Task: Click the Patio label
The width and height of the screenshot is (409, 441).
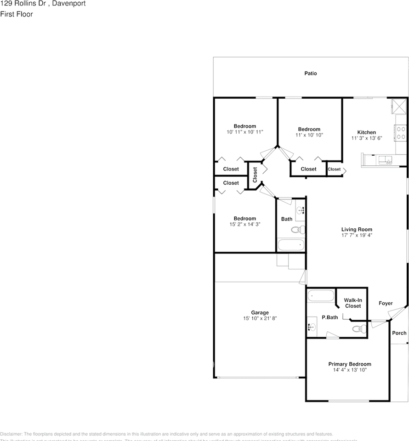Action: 311,73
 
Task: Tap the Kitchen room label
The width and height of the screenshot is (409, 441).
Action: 367,132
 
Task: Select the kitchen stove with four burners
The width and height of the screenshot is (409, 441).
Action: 401,133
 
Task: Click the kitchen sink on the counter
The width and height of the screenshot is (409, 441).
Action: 385,160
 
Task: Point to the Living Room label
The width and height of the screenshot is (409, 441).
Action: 357,229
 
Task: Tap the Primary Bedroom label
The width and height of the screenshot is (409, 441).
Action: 350,364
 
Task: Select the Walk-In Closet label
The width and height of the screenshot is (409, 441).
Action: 353,303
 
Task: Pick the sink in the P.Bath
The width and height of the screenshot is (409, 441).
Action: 312,328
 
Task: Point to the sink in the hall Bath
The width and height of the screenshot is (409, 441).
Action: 300,211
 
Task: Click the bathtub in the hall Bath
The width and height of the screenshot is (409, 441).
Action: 290,245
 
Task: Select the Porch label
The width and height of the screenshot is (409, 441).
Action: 399,333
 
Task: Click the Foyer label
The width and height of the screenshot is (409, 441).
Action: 386,303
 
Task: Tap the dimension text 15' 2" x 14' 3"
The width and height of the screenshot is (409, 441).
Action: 245,224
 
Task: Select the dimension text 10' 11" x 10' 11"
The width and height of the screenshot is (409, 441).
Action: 245,132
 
